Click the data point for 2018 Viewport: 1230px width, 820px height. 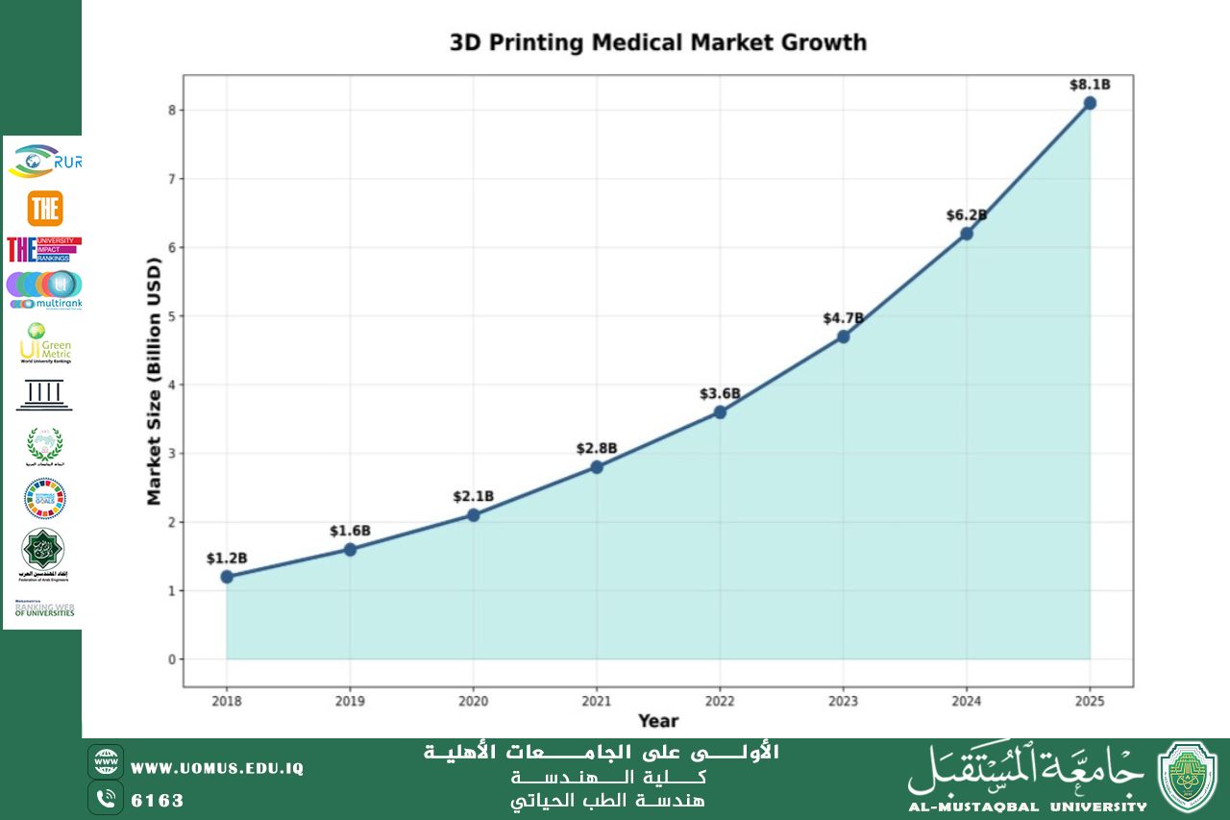tap(227, 577)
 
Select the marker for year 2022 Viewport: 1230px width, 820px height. tap(720, 412)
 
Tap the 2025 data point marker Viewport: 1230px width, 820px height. tap(1090, 103)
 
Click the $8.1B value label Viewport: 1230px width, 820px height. tap(1090, 85)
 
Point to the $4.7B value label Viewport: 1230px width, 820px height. tap(843, 318)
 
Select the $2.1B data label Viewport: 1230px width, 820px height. tap(473, 496)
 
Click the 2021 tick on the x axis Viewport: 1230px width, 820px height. tap(597, 701)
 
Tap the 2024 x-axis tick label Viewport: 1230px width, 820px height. tap(967, 701)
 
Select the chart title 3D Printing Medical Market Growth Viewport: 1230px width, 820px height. tap(658, 43)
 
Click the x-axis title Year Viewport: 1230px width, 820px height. tap(658, 721)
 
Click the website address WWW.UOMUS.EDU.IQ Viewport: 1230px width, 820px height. tap(217, 768)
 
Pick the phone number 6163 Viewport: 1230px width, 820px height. tap(158, 800)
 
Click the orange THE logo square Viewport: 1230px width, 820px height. tap(44, 209)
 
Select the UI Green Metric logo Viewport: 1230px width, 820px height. tap(44, 343)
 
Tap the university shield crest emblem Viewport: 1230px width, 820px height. tap(1188, 778)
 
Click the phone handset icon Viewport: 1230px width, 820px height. tap(106, 798)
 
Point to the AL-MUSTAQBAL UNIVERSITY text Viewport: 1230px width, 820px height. tap(1027, 807)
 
